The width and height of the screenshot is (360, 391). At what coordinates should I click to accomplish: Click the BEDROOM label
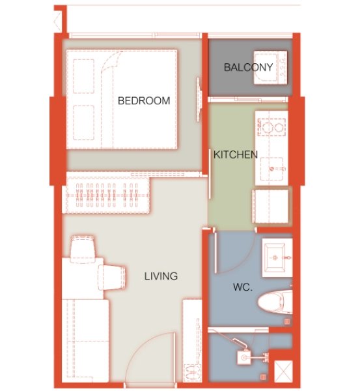coord(143,101)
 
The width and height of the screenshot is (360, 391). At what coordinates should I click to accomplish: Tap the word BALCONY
coord(247,67)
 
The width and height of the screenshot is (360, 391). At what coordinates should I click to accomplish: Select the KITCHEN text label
coord(236,155)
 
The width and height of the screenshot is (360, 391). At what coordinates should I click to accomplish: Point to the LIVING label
coord(161,276)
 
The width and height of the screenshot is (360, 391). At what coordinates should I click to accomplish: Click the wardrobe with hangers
coord(107,194)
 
